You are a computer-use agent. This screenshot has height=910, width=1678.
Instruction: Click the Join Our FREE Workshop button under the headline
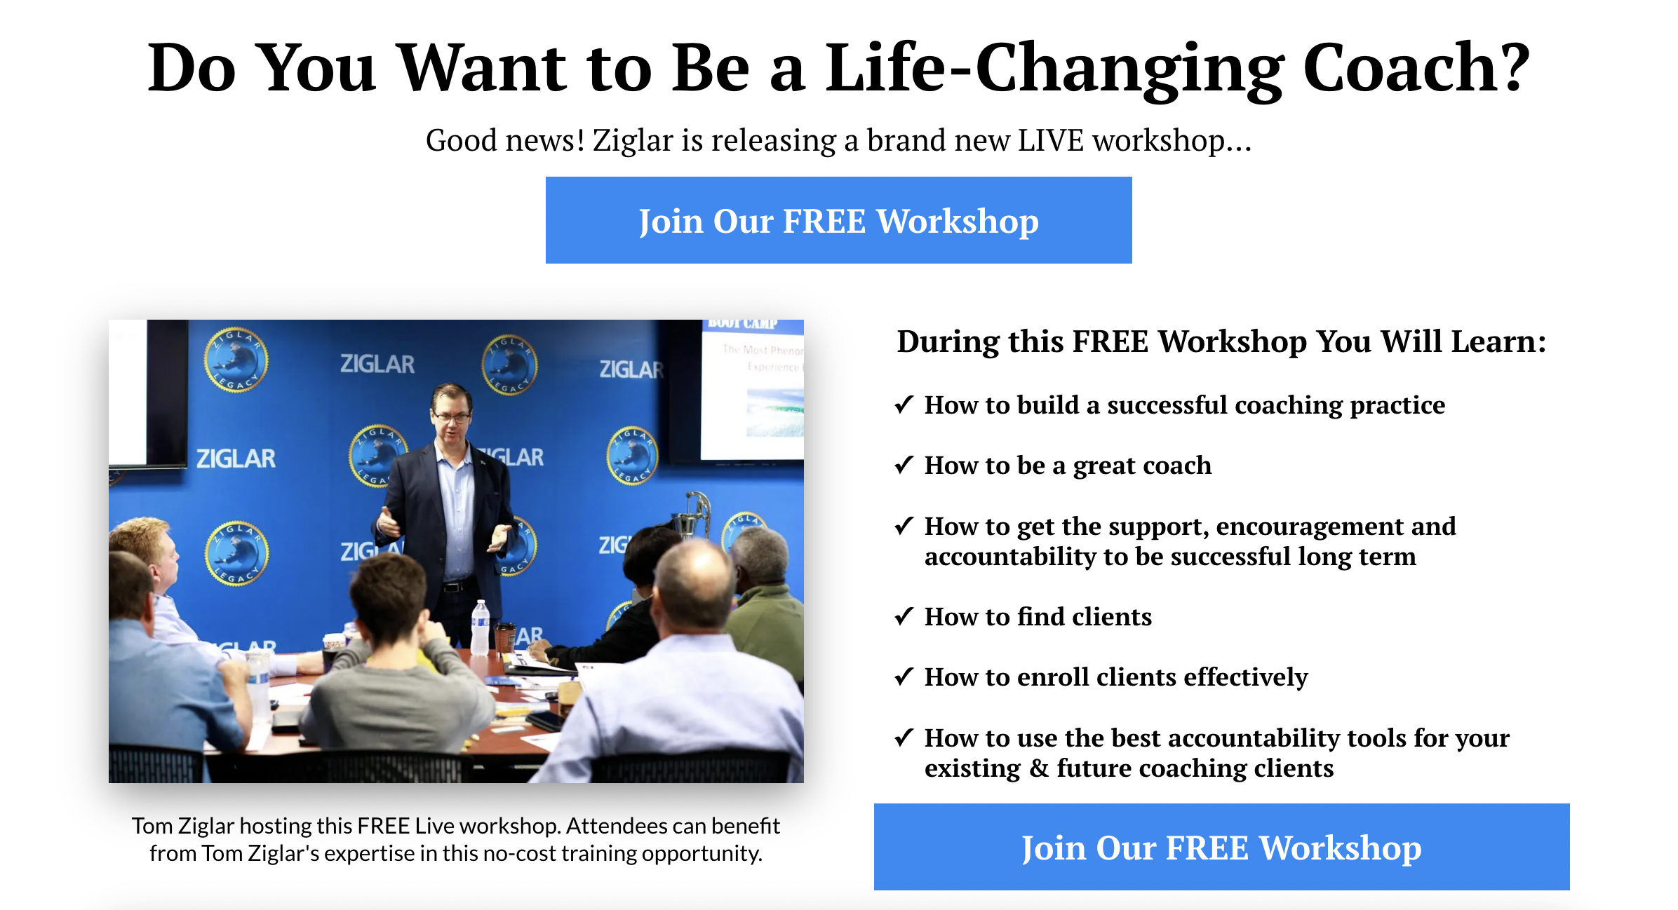(838, 220)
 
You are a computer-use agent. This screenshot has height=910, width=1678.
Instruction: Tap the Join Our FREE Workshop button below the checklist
(1221, 847)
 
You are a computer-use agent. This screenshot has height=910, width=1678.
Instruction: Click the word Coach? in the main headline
(1417, 68)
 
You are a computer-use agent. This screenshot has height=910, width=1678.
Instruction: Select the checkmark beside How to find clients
(904, 616)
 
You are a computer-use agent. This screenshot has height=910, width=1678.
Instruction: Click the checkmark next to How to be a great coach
(904, 465)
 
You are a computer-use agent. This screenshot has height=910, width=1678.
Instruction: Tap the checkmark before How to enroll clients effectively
(904, 677)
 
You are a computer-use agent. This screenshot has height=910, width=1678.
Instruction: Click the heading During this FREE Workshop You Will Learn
(1221, 341)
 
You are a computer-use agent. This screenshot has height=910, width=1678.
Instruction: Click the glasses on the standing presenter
(452, 417)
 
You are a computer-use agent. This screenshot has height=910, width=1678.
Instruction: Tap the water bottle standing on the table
(481, 627)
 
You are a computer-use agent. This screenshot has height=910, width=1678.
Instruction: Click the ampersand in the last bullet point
(1039, 768)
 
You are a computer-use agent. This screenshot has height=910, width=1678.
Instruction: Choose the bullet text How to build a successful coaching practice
(1185, 405)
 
